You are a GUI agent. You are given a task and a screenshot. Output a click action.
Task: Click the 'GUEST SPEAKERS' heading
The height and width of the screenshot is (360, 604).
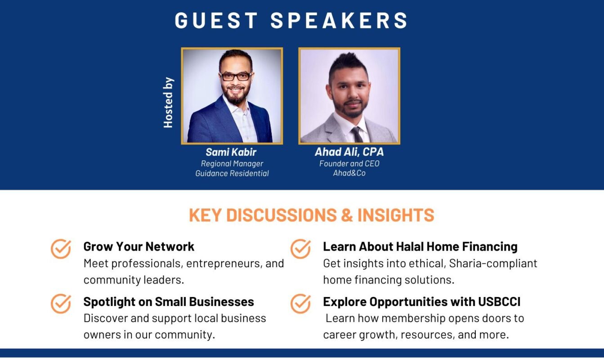(x=291, y=20)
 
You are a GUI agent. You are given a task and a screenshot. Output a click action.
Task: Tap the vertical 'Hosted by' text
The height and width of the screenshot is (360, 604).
(x=168, y=103)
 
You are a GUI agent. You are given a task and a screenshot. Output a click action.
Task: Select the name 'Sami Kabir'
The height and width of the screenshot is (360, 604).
(x=231, y=152)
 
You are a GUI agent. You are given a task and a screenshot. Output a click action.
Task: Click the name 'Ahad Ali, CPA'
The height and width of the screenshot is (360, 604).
(x=349, y=152)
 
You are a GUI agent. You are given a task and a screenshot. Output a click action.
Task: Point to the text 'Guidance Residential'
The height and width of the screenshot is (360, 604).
(x=232, y=173)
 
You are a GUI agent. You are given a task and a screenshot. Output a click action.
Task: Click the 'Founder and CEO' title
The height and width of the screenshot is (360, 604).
(x=349, y=163)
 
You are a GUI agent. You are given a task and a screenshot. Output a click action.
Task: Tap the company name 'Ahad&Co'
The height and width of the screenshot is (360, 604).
(x=349, y=173)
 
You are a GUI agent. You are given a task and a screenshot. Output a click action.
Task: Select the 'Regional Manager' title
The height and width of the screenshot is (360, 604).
(x=232, y=164)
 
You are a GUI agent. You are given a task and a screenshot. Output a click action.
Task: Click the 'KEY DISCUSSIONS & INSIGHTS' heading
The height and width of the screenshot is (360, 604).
(x=311, y=215)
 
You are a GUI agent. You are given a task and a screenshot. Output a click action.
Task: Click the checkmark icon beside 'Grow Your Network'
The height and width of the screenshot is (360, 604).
(x=61, y=249)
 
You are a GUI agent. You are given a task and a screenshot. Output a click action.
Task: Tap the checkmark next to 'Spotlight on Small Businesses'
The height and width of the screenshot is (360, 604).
(x=61, y=304)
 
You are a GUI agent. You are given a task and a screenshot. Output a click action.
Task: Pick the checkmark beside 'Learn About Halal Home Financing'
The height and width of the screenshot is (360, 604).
(x=301, y=249)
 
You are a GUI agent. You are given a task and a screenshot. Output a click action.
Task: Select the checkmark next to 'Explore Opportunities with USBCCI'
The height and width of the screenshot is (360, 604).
(x=301, y=304)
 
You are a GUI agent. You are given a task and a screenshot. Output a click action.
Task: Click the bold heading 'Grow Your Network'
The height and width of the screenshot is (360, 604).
(x=139, y=247)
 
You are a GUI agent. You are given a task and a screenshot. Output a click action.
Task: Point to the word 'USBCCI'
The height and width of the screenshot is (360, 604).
(x=499, y=301)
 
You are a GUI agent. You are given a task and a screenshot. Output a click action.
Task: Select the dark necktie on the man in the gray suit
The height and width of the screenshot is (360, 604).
(x=357, y=135)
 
